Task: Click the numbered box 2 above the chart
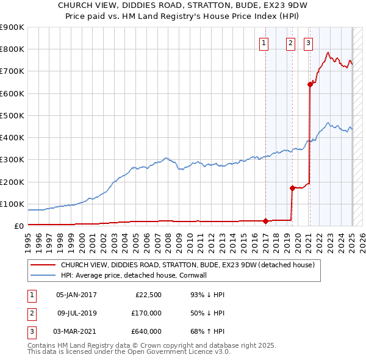pyautogui.click(x=290, y=43)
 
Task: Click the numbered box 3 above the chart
pyautogui.click(x=309, y=43)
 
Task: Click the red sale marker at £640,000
pyautogui.click(x=310, y=85)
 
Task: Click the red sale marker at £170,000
pyautogui.click(x=292, y=188)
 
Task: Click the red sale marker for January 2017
pyautogui.click(x=265, y=221)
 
